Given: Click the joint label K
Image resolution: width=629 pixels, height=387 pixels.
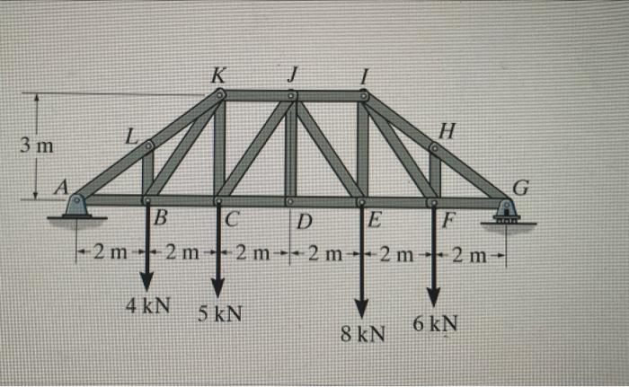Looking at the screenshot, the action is (217, 75).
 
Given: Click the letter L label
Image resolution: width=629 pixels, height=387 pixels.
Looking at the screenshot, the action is (130, 136).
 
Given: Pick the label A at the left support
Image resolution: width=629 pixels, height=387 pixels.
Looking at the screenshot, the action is (61, 186).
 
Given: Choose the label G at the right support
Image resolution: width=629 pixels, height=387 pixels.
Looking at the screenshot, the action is (521, 188).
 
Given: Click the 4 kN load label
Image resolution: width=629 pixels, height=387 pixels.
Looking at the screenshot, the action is (148, 304).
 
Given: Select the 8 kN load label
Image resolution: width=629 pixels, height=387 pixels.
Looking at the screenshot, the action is (363, 335).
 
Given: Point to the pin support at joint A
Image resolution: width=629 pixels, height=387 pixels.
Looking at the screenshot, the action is (77, 207).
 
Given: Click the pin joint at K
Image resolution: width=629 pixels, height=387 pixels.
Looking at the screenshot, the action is (221, 93).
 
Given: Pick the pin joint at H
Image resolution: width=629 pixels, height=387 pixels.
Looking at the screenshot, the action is (435, 146).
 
